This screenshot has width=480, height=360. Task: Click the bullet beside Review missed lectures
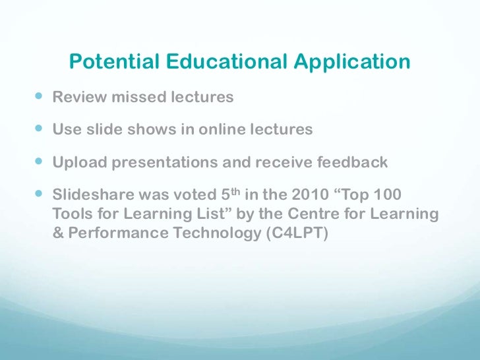tap(38, 97)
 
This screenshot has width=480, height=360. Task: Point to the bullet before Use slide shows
tap(38, 129)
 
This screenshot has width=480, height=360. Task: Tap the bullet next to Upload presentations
tap(38, 162)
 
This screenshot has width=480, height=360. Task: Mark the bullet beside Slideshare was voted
tap(38, 195)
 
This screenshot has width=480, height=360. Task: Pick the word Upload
tap(75, 163)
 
